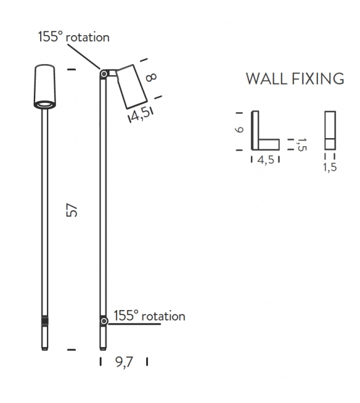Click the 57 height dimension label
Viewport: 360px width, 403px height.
point(72,210)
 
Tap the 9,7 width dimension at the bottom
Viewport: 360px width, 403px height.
point(124,362)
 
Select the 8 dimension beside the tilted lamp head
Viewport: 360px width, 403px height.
point(151,77)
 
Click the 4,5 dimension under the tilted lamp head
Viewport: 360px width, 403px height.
point(140,114)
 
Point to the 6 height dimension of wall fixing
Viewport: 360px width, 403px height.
point(240,129)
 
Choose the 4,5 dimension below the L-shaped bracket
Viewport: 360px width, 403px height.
point(265,160)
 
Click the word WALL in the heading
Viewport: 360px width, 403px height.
point(267,78)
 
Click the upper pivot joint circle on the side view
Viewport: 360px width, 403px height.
point(104,74)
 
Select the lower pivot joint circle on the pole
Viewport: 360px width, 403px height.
point(104,321)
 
